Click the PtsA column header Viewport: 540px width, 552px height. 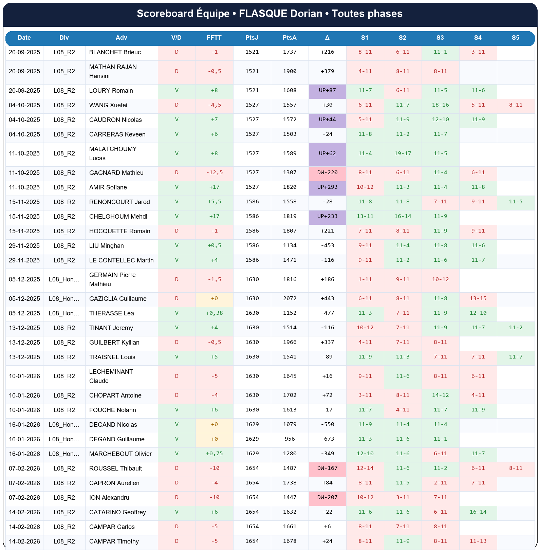pyautogui.click(x=290, y=38)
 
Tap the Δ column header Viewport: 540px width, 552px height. pyautogui.click(x=327, y=38)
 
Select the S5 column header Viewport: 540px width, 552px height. pyautogui.click(x=515, y=38)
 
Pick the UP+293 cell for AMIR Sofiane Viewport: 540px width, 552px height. pyautogui.click(x=327, y=187)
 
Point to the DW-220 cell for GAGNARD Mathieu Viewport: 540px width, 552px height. pyautogui.click(x=327, y=172)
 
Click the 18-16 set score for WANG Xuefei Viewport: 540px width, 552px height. pyautogui.click(x=440, y=105)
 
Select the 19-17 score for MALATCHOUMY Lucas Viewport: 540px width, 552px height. pyautogui.click(x=403, y=153)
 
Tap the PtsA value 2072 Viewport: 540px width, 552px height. pyautogui.click(x=290, y=298)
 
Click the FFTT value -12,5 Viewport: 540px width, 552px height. pyautogui.click(x=214, y=172)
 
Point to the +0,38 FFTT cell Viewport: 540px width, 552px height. pyautogui.click(x=214, y=313)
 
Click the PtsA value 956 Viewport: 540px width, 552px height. pyautogui.click(x=290, y=439)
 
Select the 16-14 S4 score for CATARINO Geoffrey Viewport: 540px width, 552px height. pyautogui.click(x=478, y=512)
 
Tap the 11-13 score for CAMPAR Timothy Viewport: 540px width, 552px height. pyautogui.click(x=478, y=541)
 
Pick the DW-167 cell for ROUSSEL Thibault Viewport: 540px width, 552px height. pyautogui.click(x=327, y=468)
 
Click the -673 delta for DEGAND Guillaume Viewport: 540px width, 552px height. pyautogui.click(x=327, y=439)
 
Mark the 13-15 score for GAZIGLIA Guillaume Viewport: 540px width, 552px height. pyautogui.click(x=478, y=298)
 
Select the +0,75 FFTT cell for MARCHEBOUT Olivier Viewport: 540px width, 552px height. pyautogui.click(x=214, y=454)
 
